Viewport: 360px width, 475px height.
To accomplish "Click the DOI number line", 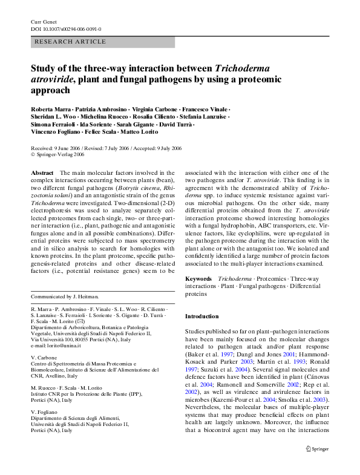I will point(66,29).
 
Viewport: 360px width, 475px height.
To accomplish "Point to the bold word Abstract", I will point(42,172).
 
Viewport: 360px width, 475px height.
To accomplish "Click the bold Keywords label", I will point(198,278).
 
